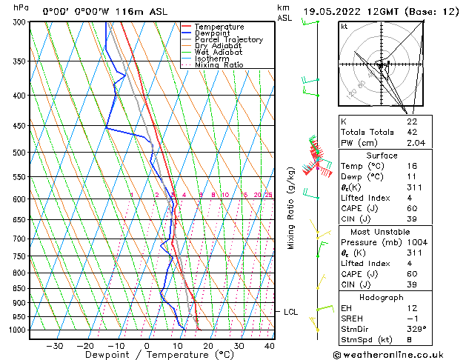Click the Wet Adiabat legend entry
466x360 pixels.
click(x=218, y=52)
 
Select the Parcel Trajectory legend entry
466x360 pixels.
click(x=228, y=39)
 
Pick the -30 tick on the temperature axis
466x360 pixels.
click(x=54, y=346)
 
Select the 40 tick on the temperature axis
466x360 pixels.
click(x=270, y=346)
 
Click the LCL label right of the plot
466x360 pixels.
click(x=291, y=312)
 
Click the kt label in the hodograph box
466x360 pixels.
click(x=344, y=26)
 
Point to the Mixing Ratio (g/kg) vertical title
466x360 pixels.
click(x=291, y=208)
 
